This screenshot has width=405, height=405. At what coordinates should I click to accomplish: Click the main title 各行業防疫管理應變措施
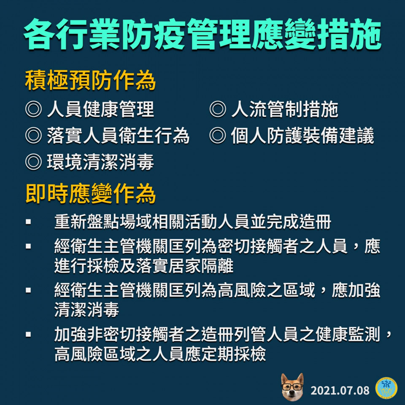(202, 34)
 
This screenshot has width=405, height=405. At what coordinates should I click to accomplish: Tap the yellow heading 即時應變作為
(90, 194)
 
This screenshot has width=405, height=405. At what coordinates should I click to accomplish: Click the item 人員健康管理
(100, 109)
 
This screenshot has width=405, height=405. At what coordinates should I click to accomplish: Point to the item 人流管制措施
(285, 109)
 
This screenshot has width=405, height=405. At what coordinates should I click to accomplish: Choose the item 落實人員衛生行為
(118, 136)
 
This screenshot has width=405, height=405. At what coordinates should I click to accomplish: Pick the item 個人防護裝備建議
(302, 136)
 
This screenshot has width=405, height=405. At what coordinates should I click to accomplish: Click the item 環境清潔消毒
(100, 162)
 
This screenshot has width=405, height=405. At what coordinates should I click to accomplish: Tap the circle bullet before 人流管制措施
(218, 109)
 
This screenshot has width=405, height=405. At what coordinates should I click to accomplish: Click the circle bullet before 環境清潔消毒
(33, 162)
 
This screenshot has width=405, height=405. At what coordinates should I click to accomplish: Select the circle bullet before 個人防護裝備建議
(218, 136)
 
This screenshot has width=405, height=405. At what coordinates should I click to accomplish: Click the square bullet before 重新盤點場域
(28, 222)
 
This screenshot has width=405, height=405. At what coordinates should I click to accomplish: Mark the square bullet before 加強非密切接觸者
(28, 335)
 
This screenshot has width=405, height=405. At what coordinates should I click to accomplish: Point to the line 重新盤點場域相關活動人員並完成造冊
(193, 222)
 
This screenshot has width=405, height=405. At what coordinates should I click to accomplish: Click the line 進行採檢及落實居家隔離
(144, 266)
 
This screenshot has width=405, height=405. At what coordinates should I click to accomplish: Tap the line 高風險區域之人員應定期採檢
(160, 354)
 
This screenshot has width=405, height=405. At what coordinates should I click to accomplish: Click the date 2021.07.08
(340, 390)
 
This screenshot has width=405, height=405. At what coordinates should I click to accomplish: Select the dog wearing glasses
(292, 387)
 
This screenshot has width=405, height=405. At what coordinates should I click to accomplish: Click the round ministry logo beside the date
(387, 389)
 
